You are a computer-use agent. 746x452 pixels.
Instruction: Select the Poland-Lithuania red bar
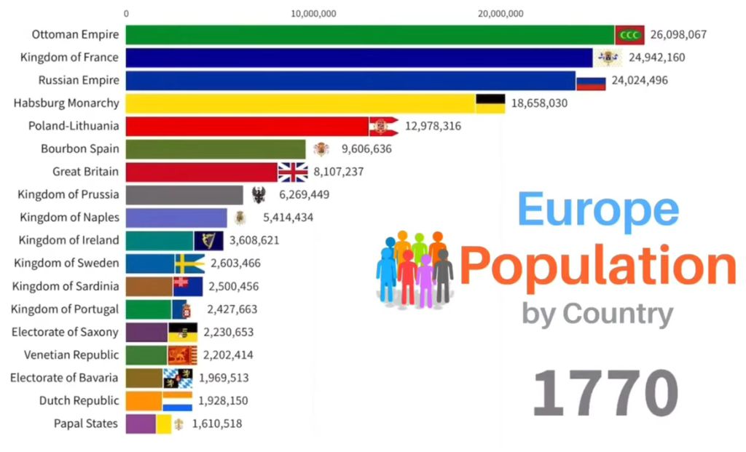pyautogui.click(x=247, y=126)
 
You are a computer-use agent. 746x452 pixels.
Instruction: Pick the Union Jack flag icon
pyautogui.click(x=293, y=172)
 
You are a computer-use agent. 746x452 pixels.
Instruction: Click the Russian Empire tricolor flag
pyautogui.click(x=591, y=81)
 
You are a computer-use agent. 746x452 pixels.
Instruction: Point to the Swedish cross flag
pyautogui.click(x=189, y=263)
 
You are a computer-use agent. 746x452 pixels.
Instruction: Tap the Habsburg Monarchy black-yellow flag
pyautogui.click(x=490, y=103)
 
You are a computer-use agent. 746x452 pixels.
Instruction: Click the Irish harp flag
pyautogui.click(x=208, y=240)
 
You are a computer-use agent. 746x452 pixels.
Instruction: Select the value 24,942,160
pyautogui.click(x=655, y=58)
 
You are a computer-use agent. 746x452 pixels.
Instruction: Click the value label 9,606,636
pyautogui.click(x=362, y=149)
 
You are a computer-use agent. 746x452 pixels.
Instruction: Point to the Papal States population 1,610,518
pyautogui.click(x=216, y=423)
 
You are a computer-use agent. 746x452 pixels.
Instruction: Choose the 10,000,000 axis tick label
pyautogui.click(x=313, y=13)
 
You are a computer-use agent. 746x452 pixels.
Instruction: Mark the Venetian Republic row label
pyautogui.click(x=71, y=354)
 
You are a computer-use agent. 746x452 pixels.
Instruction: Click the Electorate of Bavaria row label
pyautogui.click(x=64, y=377)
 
